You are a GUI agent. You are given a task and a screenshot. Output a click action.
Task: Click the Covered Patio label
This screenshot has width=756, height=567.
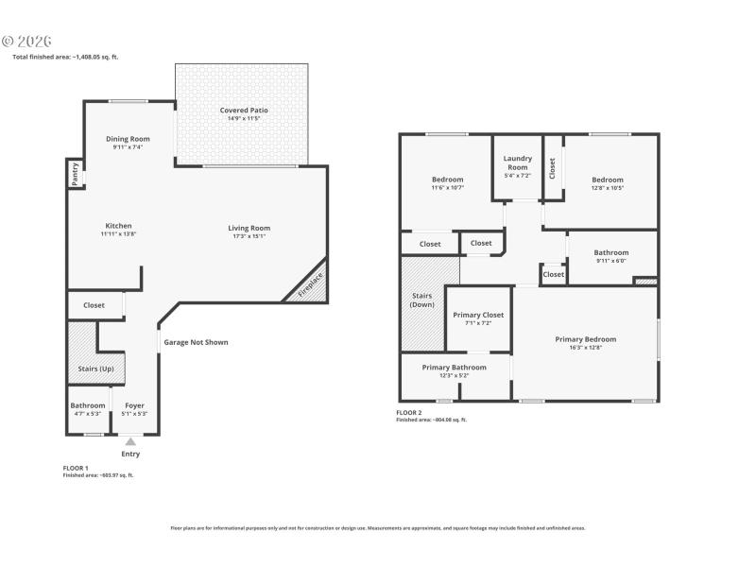click(243, 111)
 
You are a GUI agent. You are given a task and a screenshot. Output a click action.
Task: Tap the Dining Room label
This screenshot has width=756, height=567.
click(128, 139)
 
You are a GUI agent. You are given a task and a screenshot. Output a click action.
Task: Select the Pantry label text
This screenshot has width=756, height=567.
click(73, 174)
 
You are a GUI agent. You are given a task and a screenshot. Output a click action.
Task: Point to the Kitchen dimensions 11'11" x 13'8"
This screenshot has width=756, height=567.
click(119, 233)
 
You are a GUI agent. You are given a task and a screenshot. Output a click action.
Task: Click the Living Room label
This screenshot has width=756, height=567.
click(249, 228)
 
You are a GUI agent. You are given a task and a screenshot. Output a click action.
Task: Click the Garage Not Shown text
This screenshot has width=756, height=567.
click(196, 342)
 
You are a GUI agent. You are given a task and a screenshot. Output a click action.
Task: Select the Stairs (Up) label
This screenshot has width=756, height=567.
click(94, 368)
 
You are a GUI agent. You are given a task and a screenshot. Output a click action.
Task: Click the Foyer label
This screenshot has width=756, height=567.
click(135, 405)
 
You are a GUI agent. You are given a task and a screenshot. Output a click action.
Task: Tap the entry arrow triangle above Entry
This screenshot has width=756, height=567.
click(130, 441)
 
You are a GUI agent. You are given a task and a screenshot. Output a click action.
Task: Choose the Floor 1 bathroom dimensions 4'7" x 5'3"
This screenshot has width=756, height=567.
click(88, 413)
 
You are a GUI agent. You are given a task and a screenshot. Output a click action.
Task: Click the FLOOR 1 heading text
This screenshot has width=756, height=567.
click(76, 468)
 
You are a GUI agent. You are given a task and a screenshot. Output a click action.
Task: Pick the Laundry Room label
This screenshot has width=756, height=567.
click(517, 159)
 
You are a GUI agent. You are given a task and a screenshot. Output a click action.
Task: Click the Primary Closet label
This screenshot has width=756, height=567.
click(478, 315)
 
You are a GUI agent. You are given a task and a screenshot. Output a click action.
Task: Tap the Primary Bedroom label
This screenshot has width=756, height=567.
click(585, 339)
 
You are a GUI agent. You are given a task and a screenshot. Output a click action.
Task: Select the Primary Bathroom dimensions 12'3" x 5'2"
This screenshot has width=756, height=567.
click(455, 375)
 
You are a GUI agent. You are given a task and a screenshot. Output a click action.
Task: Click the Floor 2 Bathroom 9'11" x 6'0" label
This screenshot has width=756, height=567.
click(610, 252)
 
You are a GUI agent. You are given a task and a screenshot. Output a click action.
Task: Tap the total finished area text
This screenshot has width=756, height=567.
click(65, 57)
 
